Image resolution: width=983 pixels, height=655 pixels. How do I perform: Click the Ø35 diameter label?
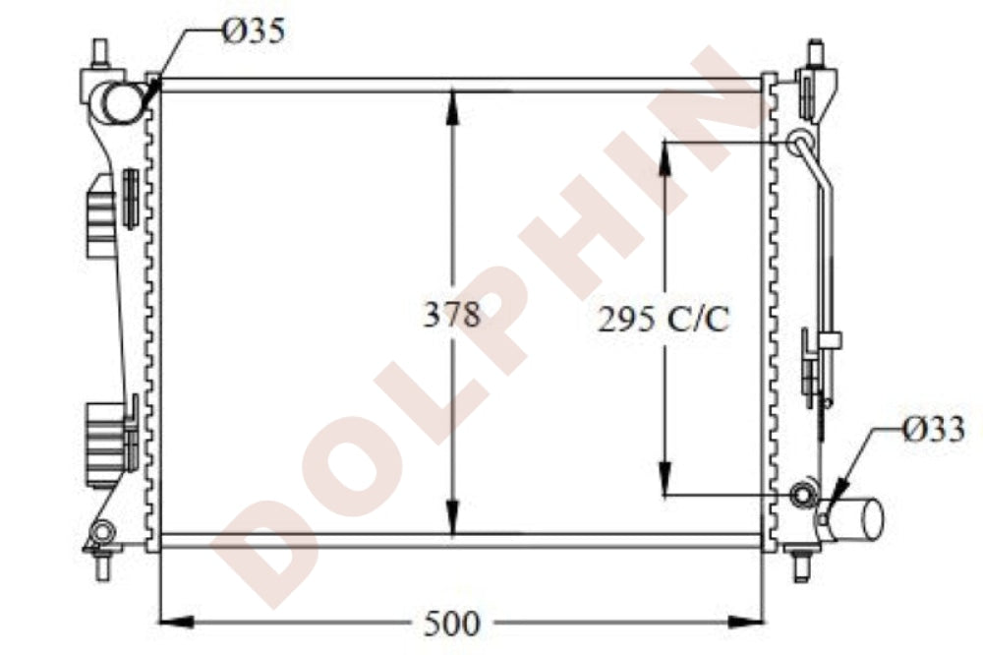tap(254, 31)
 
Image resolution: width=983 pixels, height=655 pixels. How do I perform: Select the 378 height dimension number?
tap(451, 316)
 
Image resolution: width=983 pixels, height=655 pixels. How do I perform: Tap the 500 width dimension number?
tap(452, 622)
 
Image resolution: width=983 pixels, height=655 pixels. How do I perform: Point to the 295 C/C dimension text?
tap(664, 320)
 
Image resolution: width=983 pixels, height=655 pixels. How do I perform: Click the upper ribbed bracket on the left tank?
tap(101, 214)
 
